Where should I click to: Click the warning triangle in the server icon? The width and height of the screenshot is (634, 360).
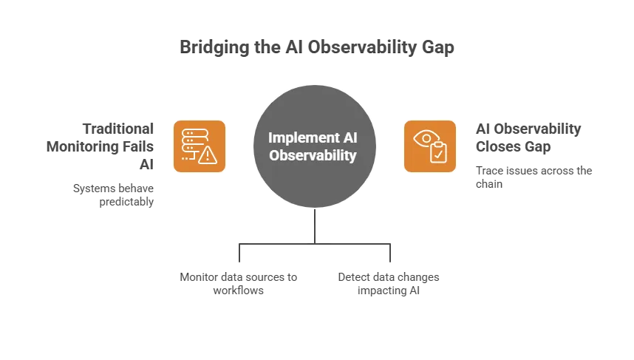[208, 154]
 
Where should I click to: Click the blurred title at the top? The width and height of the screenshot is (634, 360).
[316, 47]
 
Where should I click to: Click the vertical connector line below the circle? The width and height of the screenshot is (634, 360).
[316, 225]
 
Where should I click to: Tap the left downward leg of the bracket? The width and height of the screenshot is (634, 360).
[239, 254]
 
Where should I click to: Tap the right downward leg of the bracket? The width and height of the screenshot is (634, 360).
[394, 254]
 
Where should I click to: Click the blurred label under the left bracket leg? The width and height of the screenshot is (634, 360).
[239, 283]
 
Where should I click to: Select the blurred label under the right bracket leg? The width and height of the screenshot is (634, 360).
[389, 283]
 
